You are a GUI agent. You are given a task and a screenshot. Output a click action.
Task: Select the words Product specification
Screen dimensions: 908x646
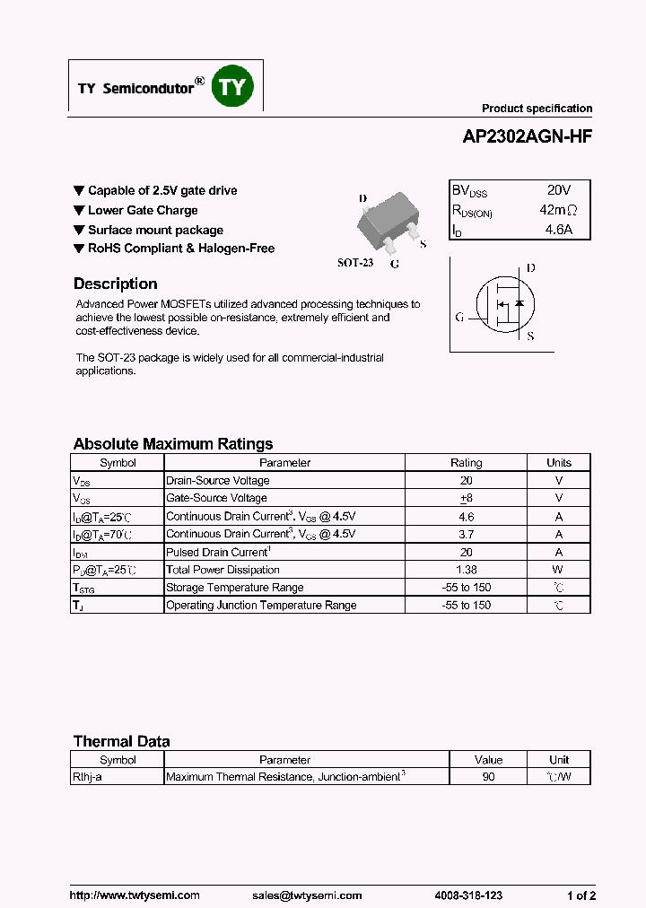pos(537,109)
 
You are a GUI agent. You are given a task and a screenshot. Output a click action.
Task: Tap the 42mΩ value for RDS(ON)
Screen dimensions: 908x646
pos(558,210)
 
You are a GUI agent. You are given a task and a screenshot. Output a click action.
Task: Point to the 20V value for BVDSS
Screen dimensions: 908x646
pos(558,190)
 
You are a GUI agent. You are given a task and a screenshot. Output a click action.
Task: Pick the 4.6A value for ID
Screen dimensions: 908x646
pos(558,230)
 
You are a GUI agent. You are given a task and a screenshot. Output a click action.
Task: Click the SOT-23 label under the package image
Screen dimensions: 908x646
pos(354,263)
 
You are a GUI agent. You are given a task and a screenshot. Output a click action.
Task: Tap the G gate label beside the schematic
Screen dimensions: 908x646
pos(459,317)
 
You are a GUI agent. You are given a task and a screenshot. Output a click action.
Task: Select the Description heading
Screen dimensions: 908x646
pos(115,284)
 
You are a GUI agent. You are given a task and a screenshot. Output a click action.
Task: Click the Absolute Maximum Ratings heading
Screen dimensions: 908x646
pos(172,444)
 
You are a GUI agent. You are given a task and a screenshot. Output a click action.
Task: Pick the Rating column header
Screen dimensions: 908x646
pos(466,463)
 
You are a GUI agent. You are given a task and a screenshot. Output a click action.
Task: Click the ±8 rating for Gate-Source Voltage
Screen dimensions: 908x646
pos(466,498)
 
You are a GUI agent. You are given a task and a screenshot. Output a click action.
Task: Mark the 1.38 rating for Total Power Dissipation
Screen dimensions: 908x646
pos(466,570)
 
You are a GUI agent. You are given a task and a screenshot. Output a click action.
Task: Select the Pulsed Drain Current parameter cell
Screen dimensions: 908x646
pos(218,552)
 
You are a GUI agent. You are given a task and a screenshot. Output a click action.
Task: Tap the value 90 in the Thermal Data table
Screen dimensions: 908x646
pos(488,777)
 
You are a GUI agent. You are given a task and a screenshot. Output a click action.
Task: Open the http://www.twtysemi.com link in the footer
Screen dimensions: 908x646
pos(135,895)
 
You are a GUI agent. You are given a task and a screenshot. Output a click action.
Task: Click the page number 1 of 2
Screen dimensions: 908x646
pos(581,895)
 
